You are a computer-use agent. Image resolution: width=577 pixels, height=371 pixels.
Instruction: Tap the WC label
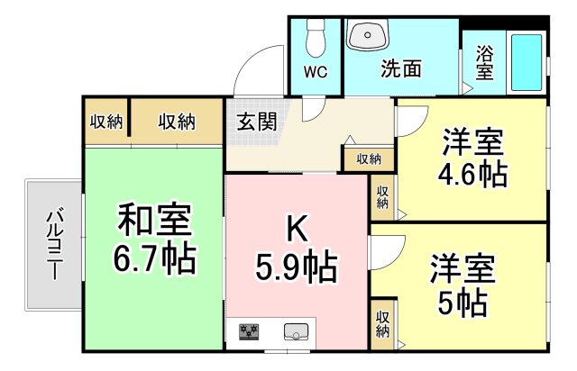tap(316, 72)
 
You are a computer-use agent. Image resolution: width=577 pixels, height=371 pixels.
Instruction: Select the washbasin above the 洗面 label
tap(368, 35)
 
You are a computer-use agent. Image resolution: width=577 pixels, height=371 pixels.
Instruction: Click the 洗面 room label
tap(400, 68)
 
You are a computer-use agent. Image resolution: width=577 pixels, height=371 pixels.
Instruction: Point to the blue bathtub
tap(527, 62)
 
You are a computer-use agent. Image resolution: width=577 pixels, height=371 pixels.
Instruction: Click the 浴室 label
tap(485, 62)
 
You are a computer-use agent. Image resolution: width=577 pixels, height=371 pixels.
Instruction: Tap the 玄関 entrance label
tap(256, 121)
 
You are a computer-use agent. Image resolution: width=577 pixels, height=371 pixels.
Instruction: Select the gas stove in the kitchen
tap(249, 332)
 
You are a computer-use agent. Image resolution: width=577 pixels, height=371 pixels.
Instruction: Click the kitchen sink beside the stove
tap(297, 331)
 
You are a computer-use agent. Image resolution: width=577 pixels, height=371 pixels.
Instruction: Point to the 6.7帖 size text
tap(154, 258)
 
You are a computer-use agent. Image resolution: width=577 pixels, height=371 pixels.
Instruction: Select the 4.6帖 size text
tap(472, 175)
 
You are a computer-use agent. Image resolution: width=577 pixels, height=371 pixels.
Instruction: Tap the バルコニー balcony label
tap(55, 245)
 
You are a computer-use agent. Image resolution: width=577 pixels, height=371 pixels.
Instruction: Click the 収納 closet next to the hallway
tap(369, 158)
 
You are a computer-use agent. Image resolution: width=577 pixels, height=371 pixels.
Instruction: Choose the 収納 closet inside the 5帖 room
tap(382, 325)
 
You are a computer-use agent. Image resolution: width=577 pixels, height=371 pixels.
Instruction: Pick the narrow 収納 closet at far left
tap(106, 122)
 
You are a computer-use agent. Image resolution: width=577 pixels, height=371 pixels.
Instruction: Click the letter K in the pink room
tap(297, 230)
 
